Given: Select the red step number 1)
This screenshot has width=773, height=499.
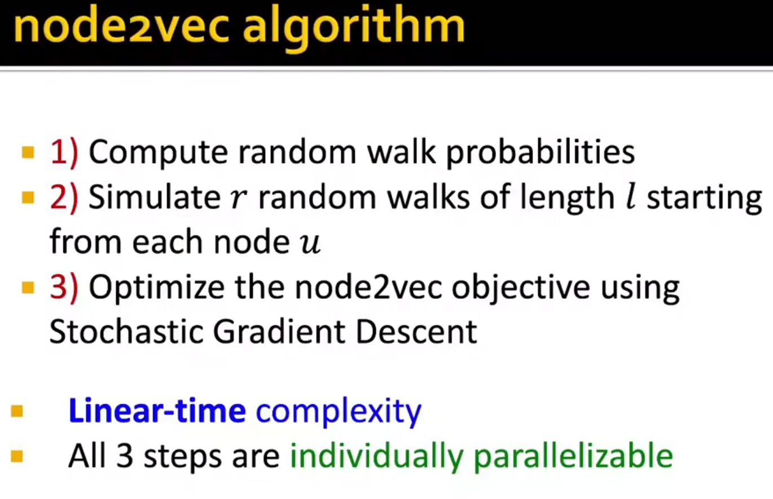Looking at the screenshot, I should tap(64, 152).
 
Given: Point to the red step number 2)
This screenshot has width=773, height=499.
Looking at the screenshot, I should tap(64, 197).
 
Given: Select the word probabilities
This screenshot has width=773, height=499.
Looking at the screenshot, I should tap(541, 152).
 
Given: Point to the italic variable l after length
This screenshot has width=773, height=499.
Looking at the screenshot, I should tap(630, 197).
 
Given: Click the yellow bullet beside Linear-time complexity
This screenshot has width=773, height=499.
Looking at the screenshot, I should tap(17, 411).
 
